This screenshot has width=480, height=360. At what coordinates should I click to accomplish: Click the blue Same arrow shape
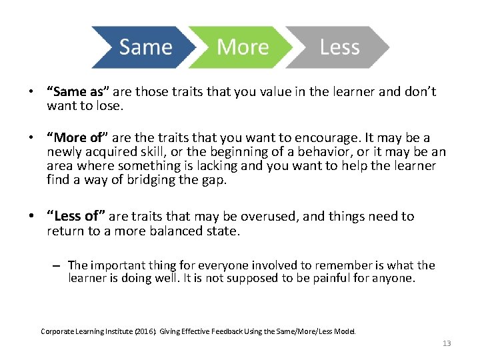[x=143, y=47]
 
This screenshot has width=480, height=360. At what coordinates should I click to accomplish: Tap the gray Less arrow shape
[x=340, y=47]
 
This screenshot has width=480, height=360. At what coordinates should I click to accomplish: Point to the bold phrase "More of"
[x=75, y=138]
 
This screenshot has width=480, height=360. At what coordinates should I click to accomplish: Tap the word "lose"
[x=109, y=105]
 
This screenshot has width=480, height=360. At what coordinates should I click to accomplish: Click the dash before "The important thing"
[x=58, y=265]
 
